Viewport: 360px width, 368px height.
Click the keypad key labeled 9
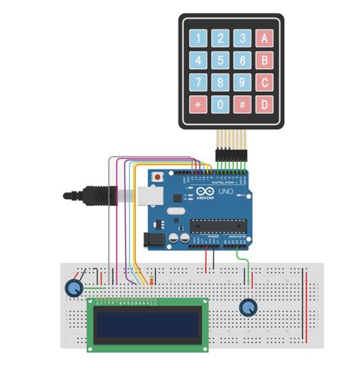pos(242,81)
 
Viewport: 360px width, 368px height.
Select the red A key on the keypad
pos(264,37)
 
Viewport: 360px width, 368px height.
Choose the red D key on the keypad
pos(264,104)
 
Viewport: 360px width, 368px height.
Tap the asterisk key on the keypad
pos(199,104)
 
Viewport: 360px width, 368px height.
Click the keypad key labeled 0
pos(220,104)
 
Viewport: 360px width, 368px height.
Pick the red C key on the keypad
pos(264,81)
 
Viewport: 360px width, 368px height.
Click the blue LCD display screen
pos(149,322)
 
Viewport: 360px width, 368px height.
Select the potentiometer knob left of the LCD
pos(74,288)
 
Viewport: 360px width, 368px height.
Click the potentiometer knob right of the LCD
pos(248,307)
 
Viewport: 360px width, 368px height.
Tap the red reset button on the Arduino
pos(157,177)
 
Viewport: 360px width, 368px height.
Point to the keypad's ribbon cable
pos(226,142)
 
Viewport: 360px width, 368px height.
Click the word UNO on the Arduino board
pos(226,194)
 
